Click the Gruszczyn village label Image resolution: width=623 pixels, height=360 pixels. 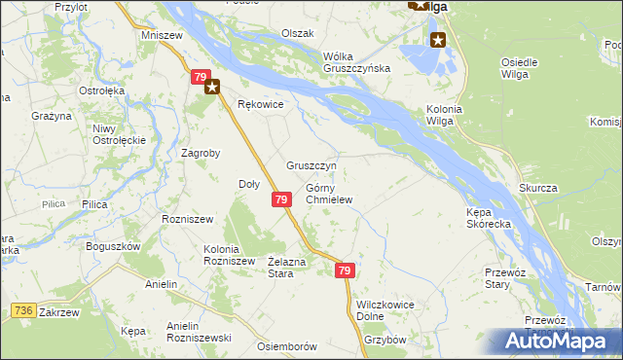click(311, 165)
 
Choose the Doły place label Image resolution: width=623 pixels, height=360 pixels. click(248, 184)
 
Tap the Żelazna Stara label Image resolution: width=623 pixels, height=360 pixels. click(287, 268)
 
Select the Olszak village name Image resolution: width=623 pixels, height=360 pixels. click(297, 33)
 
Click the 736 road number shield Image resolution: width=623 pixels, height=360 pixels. click(25, 309)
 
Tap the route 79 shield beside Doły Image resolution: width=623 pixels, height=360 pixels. click(280, 199)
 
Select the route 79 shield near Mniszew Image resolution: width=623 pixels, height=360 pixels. click(200, 76)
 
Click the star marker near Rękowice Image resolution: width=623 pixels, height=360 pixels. click(213, 86)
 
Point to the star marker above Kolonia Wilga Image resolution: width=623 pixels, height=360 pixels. click(438, 40)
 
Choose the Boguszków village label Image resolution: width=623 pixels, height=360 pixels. click(114, 246)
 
